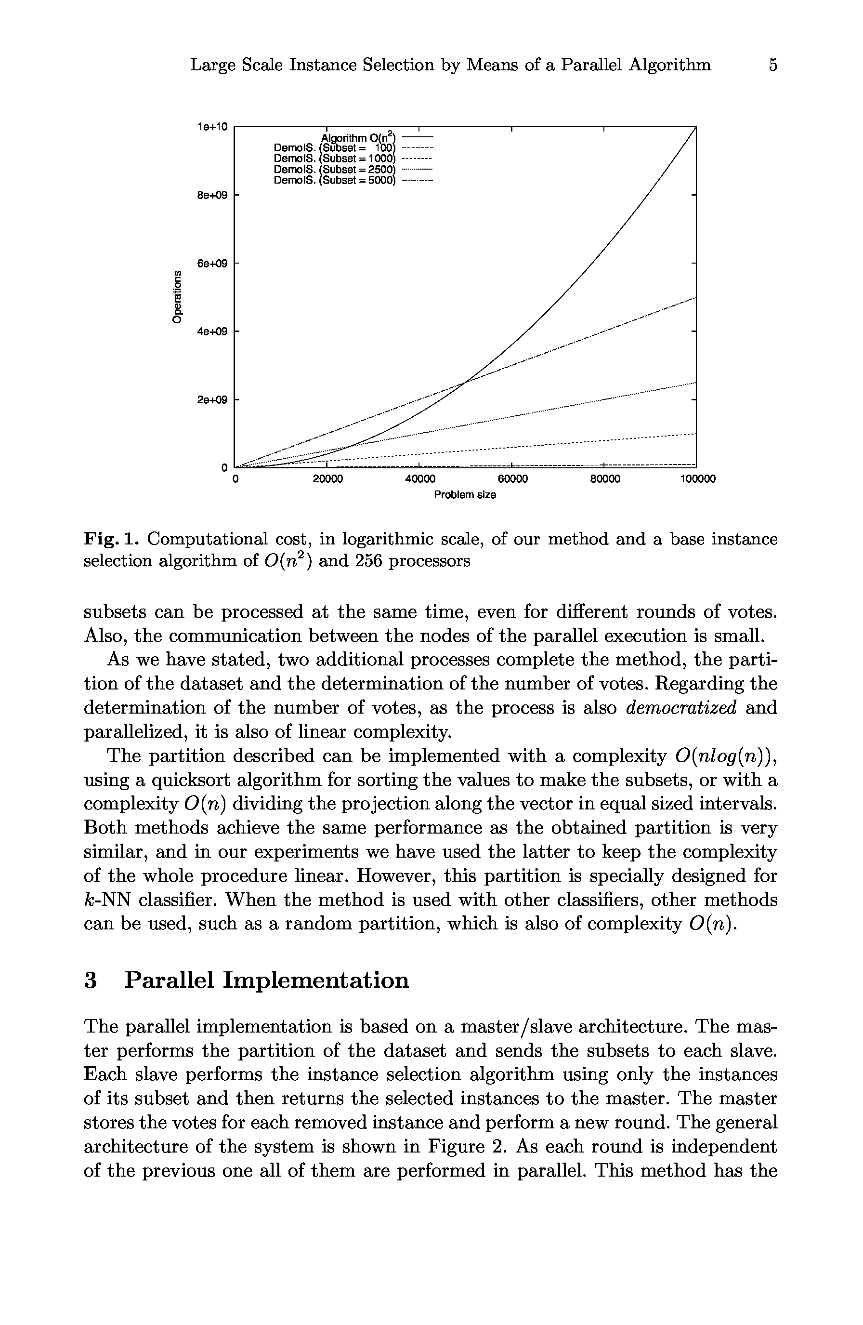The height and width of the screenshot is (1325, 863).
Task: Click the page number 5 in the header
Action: (x=772, y=65)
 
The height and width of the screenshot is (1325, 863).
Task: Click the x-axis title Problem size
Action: (x=465, y=495)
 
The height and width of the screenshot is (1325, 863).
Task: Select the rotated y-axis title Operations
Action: (x=177, y=296)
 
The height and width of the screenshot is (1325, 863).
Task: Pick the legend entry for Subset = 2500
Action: (x=334, y=169)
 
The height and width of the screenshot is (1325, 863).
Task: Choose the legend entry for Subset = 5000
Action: (x=334, y=180)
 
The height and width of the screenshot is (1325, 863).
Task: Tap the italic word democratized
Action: (x=681, y=708)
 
